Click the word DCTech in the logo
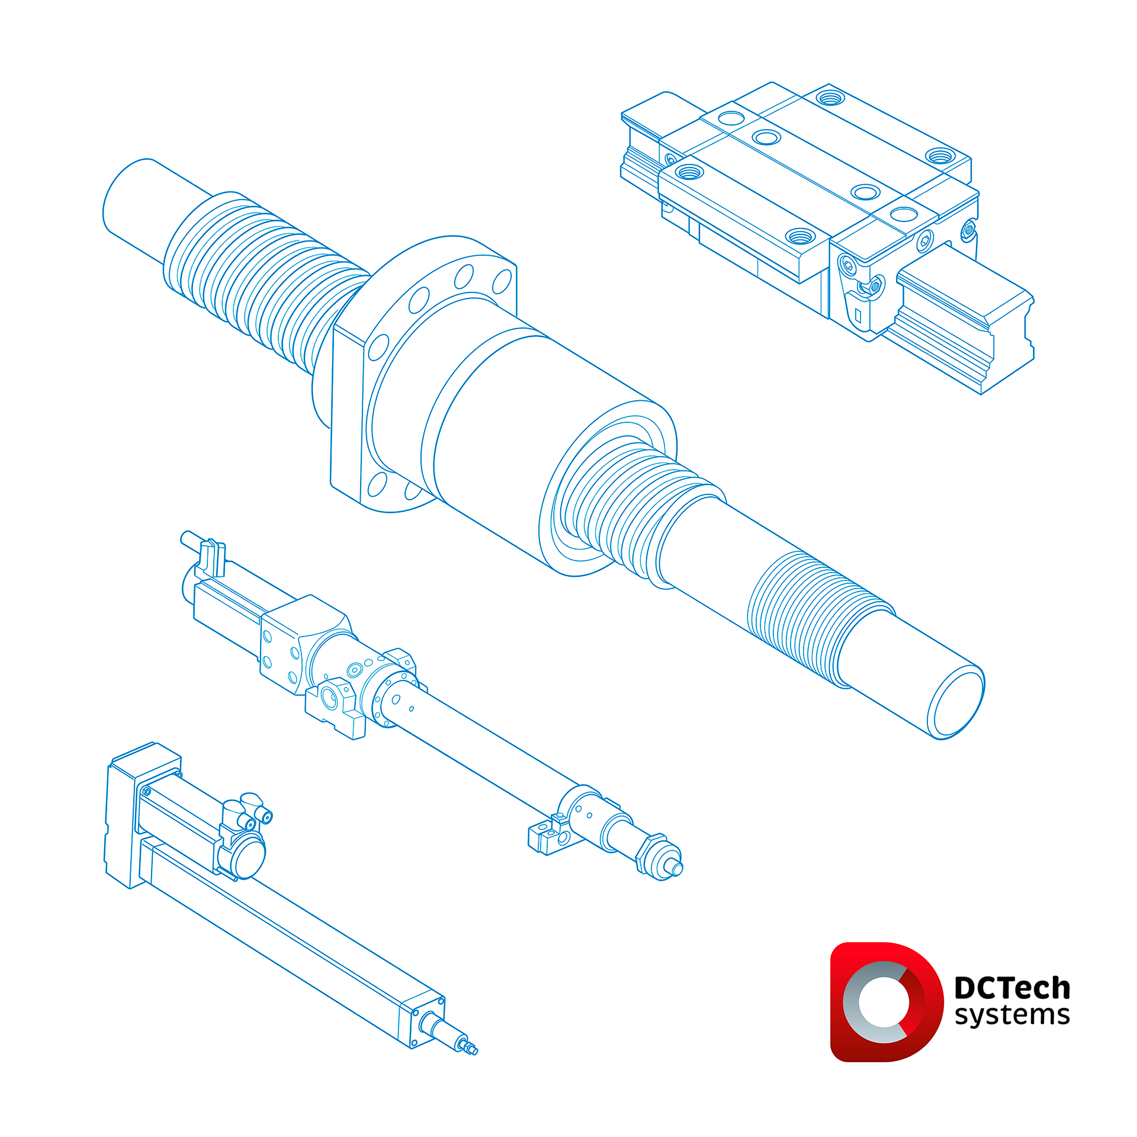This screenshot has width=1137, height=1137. [x=1012, y=988]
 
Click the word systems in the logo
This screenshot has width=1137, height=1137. [x=1012, y=1015]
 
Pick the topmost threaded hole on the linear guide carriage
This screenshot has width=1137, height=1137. [x=830, y=98]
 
